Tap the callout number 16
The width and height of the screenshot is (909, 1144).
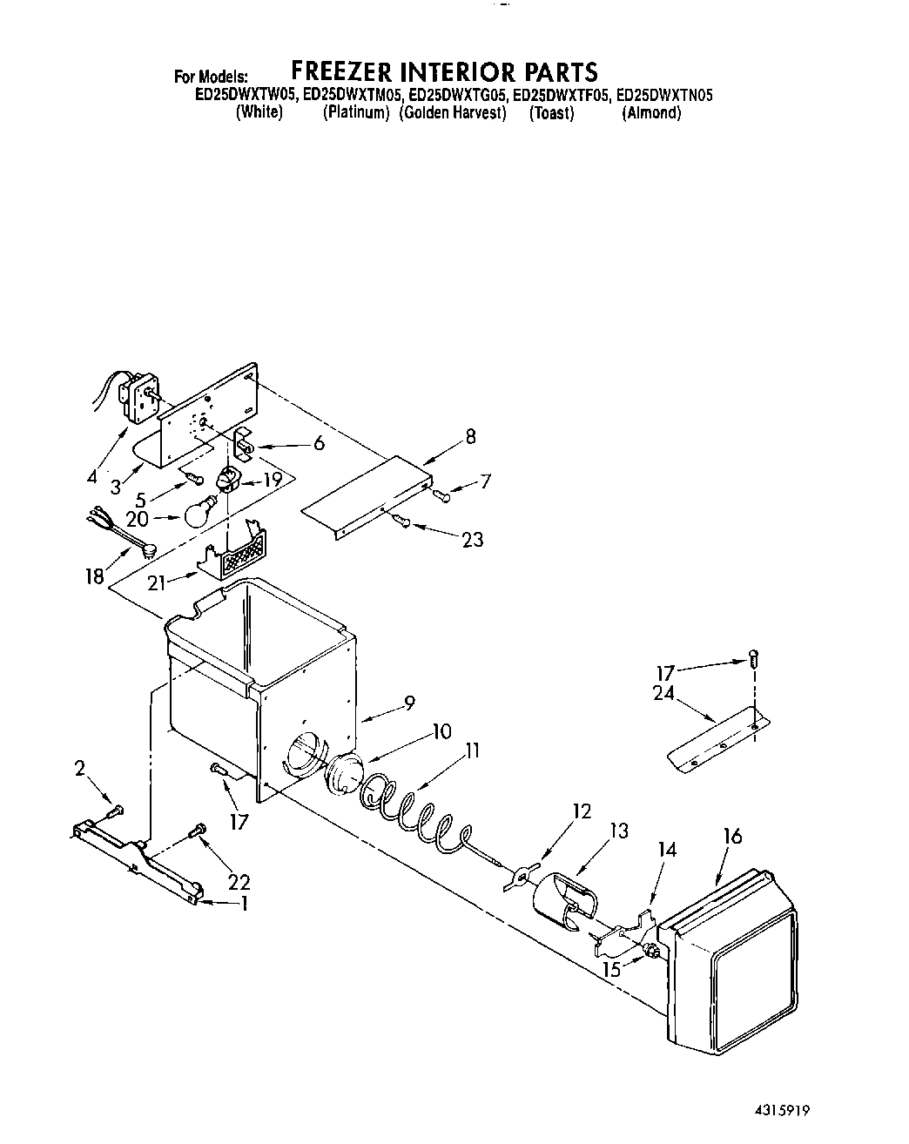click(x=732, y=837)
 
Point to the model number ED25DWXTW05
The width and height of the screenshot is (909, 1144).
click(x=245, y=97)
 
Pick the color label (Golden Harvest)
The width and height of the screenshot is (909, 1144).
click(x=453, y=114)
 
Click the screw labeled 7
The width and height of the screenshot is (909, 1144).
click(x=441, y=495)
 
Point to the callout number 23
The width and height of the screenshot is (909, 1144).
click(x=473, y=540)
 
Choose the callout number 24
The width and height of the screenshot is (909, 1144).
click(x=663, y=694)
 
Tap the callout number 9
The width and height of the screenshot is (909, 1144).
click(x=408, y=707)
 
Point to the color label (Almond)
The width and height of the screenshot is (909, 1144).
click(x=650, y=114)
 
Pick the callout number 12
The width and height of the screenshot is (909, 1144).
click(x=581, y=811)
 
